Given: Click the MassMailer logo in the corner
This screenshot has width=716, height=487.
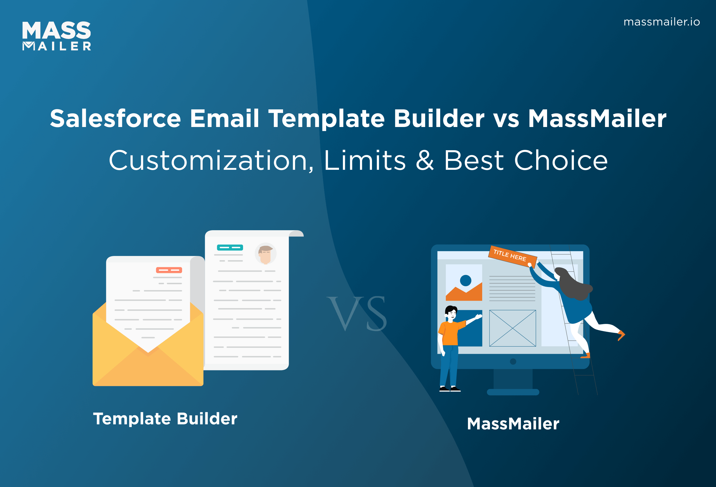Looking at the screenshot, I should pos(57,36).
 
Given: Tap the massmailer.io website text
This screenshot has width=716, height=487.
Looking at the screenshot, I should pos(661,22).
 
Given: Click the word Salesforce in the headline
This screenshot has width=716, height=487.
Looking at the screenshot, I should pos(115,119).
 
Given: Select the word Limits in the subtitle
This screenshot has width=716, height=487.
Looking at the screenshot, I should pos(364,161).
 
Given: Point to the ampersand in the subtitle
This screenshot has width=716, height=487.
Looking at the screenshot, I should pos(425,161).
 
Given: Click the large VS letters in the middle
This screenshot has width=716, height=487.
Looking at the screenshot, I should pos(357,313).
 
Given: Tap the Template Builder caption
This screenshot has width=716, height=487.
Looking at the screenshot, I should pos(165,419).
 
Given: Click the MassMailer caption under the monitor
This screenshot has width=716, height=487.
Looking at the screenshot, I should pos(513,424).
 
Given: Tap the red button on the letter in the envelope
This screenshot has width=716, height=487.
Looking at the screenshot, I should pos(169,270).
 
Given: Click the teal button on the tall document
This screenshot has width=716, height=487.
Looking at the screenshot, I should pos(230,247).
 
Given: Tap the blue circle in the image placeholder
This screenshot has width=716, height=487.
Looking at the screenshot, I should pos(465,280).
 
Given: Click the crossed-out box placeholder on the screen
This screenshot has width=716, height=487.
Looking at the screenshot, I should pos(512,328).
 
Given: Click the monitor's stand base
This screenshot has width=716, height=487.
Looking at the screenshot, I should pos(513,392).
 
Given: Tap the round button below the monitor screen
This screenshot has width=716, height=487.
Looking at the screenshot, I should pos(513,362).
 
